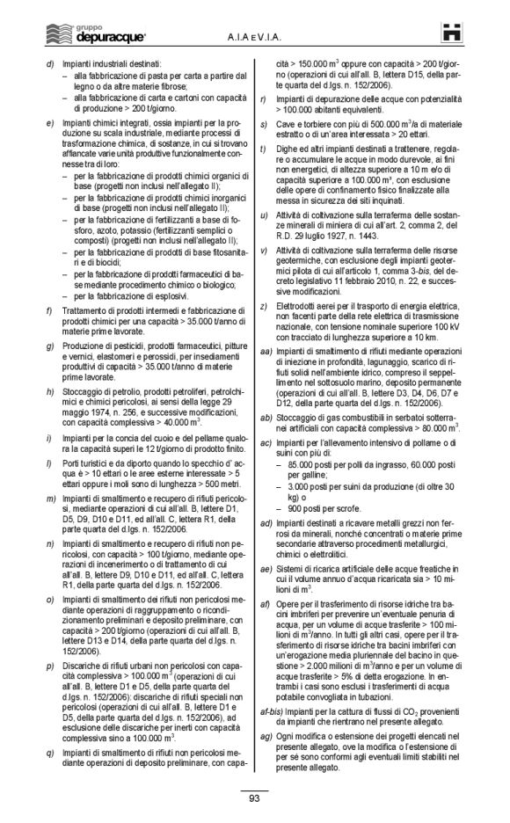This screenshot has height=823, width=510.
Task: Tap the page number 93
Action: tap(254, 798)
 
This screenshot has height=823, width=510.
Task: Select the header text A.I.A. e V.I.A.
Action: tap(251, 35)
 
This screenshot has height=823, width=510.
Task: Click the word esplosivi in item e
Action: tap(160, 295)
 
